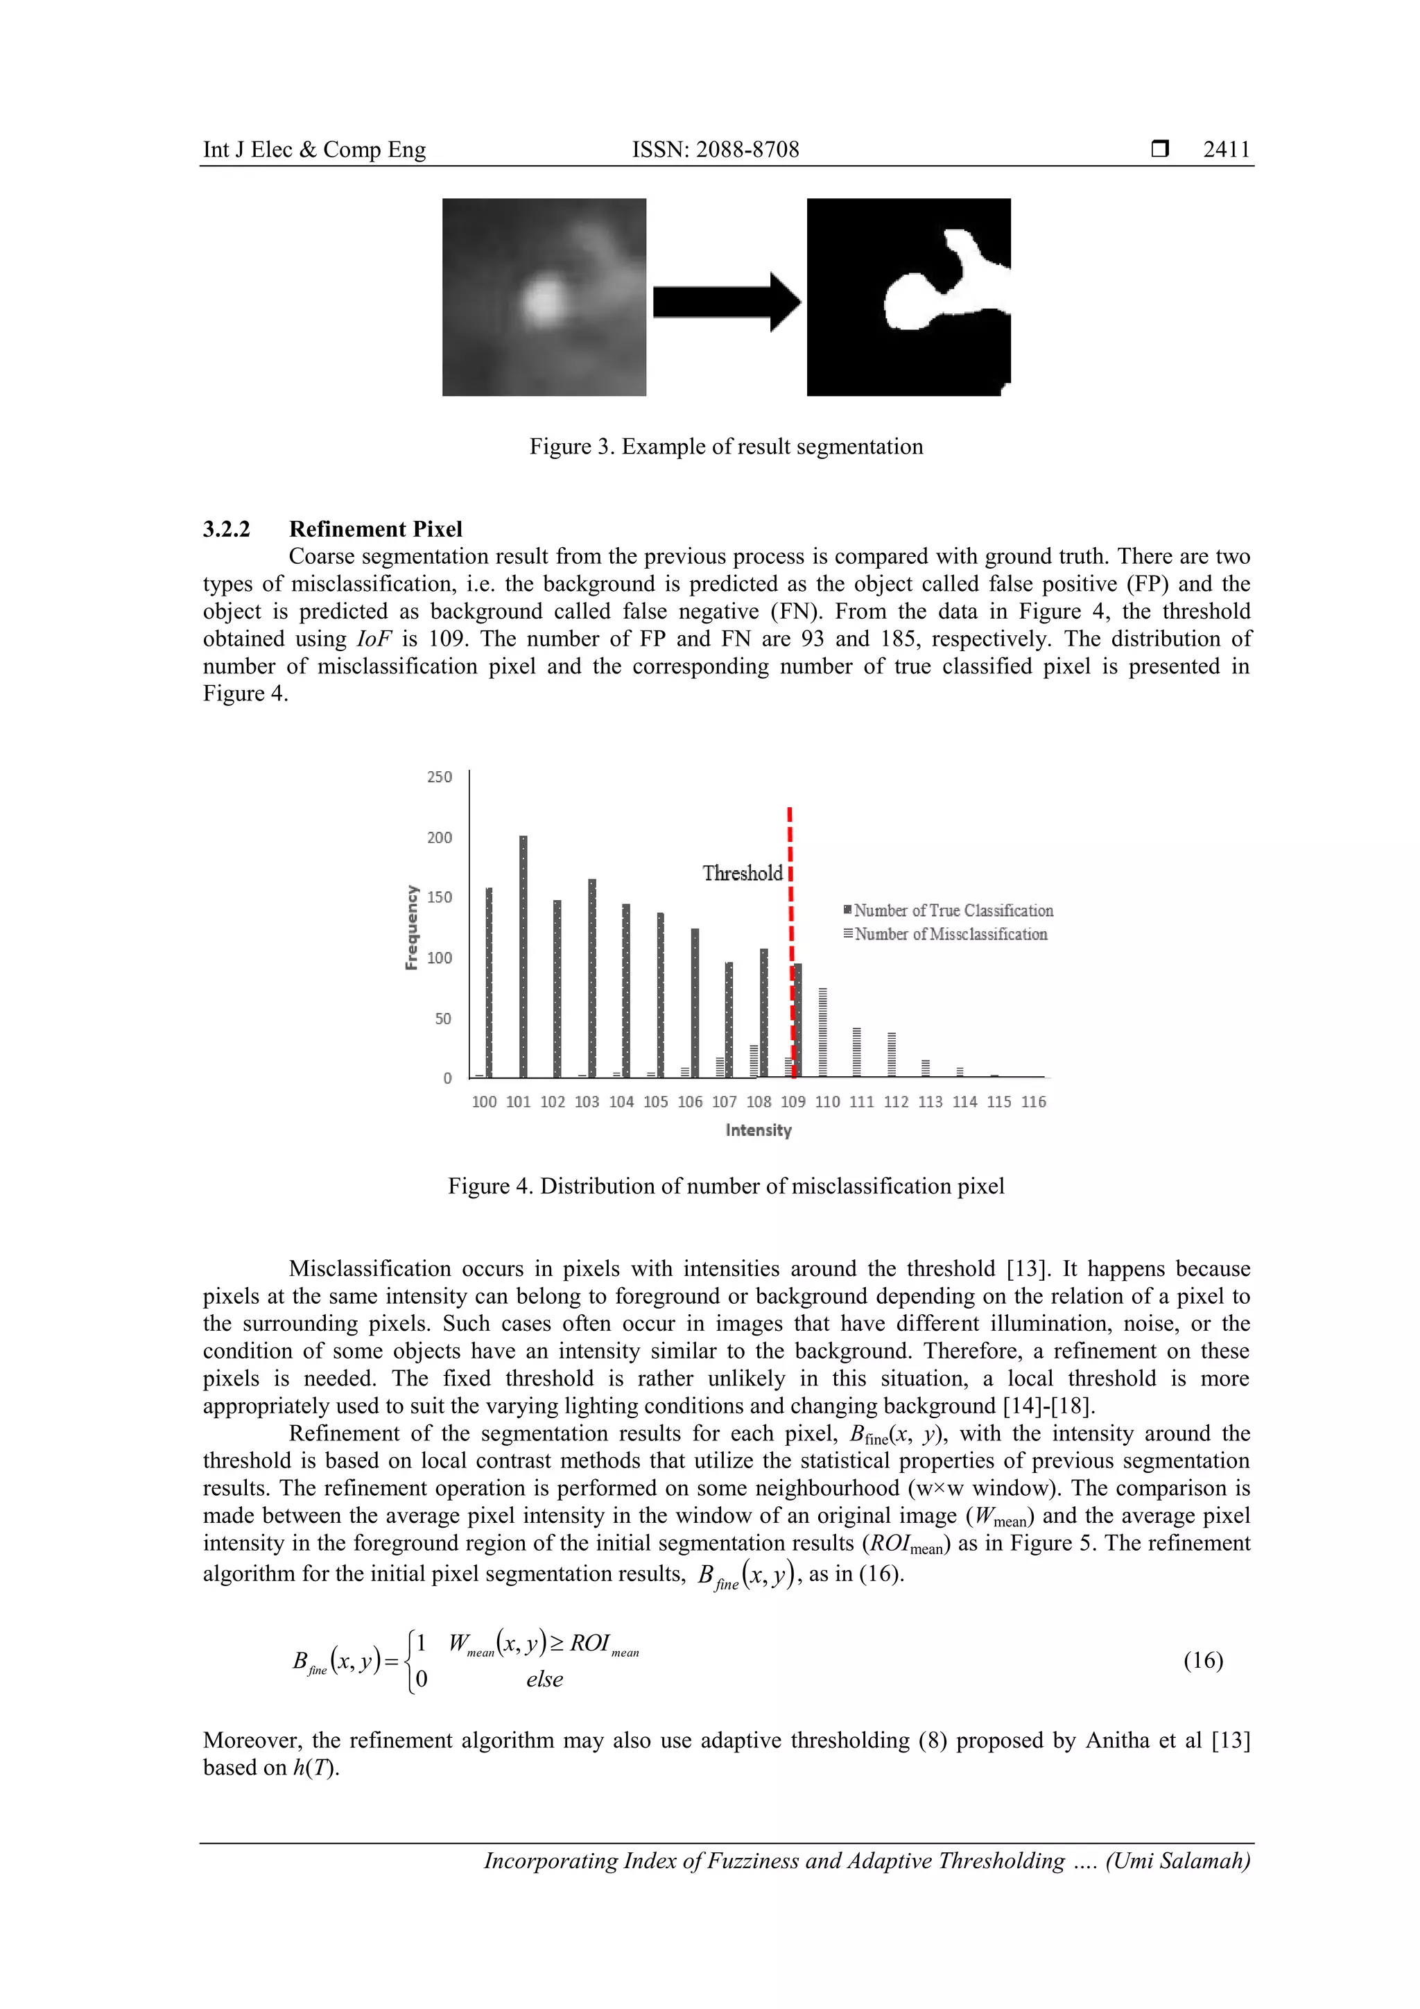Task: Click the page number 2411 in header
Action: pyautogui.click(x=1226, y=150)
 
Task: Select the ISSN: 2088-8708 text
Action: pyautogui.click(x=715, y=150)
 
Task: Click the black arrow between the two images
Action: pyautogui.click(x=726, y=302)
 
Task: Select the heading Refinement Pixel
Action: pyautogui.click(x=375, y=529)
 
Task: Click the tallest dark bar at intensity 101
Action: pyautogui.click(x=523, y=956)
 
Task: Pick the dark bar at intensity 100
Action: pyautogui.click(x=489, y=982)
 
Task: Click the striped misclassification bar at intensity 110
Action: pyautogui.click(x=823, y=1033)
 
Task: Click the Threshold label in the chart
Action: pyautogui.click(x=742, y=873)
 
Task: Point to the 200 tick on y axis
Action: pyautogui.click(x=439, y=838)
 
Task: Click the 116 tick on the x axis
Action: pyautogui.click(x=1033, y=1102)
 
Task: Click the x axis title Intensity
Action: pyautogui.click(x=758, y=1130)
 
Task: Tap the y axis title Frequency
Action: pyautogui.click(x=410, y=927)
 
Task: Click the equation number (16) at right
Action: pyautogui.click(x=1202, y=1660)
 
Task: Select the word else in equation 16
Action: pyautogui.click(x=544, y=1679)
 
